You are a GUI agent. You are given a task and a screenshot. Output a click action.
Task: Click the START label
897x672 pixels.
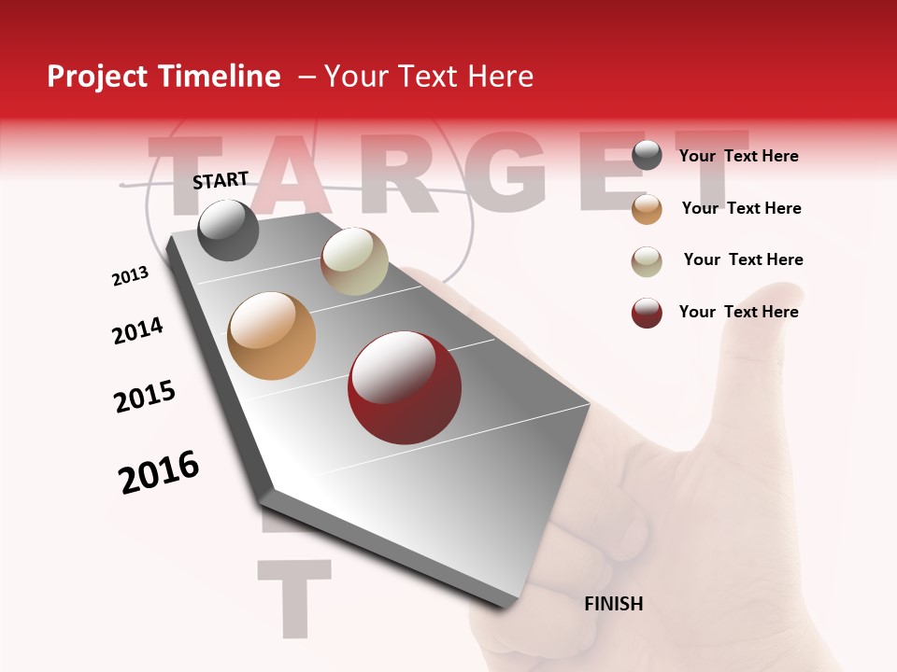221,180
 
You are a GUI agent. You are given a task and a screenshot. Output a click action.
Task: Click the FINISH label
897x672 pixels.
613,604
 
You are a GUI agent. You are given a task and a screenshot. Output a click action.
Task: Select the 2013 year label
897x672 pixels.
130,276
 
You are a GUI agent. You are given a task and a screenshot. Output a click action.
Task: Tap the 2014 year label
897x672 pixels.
137,330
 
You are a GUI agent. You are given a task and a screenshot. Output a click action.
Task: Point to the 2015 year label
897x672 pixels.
145,397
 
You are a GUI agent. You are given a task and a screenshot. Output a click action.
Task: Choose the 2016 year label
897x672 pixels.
159,472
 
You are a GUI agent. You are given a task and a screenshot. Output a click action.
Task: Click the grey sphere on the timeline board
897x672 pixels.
228,230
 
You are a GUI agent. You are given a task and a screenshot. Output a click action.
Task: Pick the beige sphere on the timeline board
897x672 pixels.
354,260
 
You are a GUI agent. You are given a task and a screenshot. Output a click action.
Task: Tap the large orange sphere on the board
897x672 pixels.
271,336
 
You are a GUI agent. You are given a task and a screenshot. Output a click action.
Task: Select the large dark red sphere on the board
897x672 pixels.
405,387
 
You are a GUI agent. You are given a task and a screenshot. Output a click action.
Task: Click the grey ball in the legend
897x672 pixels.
647,156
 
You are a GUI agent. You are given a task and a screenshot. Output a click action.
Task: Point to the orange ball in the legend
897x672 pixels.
647,209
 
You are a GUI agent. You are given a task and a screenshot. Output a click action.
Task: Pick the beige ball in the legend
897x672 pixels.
647,261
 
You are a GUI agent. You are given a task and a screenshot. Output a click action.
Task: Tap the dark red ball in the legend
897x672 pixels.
647,313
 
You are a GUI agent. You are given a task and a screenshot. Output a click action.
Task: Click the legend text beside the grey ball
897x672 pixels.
738,157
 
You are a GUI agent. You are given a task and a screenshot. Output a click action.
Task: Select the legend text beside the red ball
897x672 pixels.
738,312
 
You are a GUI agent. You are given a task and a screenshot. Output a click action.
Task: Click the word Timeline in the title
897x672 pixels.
220,77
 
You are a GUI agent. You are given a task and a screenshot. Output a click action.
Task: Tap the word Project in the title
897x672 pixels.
98,77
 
